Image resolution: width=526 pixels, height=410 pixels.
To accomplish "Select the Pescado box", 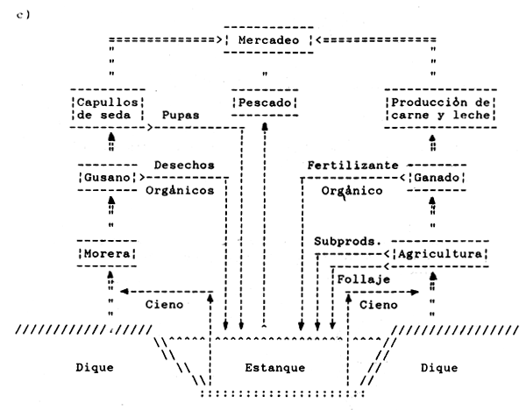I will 263,103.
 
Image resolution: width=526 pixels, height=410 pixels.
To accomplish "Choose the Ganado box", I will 435,179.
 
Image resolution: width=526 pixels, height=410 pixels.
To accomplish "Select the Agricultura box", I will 441,254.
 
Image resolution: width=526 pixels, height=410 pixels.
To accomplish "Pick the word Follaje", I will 360,279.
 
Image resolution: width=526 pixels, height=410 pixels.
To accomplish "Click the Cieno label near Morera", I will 164,304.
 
